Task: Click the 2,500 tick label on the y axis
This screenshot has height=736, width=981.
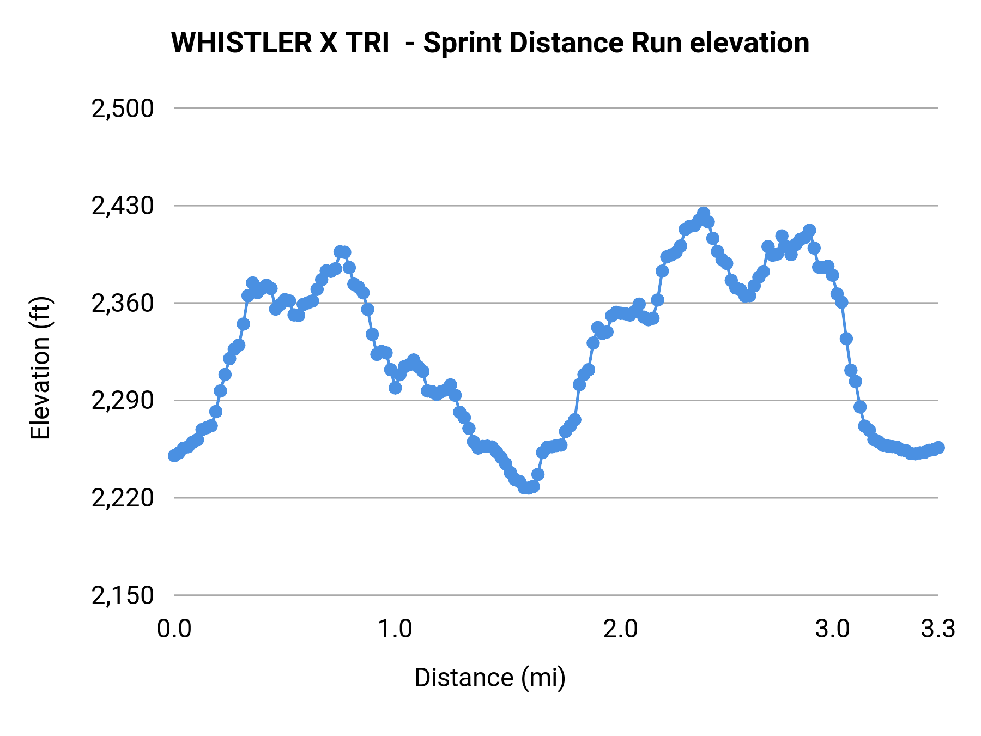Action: click(x=123, y=109)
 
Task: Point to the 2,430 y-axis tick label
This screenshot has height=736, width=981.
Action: click(x=123, y=206)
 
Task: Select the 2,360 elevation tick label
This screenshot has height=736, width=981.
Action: click(x=123, y=304)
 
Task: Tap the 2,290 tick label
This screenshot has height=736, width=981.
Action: click(x=123, y=401)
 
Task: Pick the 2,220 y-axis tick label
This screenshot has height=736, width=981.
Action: click(x=123, y=498)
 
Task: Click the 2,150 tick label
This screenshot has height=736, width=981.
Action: click(x=123, y=595)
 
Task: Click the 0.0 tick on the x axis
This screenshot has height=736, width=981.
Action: click(x=174, y=629)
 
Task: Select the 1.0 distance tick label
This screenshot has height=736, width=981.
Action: click(x=395, y=629)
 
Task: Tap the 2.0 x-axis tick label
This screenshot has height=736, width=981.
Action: click(x=620, y=629)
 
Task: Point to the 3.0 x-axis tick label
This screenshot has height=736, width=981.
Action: click(x=832, y=629)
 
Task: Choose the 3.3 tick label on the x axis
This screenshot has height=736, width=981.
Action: click(x=938, y=629)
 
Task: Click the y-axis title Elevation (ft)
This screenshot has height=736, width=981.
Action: click(x=40, y=368)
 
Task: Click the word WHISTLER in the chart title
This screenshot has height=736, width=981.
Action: click(x=241, y=43)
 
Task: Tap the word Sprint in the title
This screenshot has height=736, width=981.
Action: click(x=463, y=43)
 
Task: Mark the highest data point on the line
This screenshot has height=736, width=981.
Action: click(x=704, y=213)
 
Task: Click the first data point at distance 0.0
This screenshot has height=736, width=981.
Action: click(x=174, y=455)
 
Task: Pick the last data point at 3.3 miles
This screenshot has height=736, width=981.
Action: click(x=938, y=448)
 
